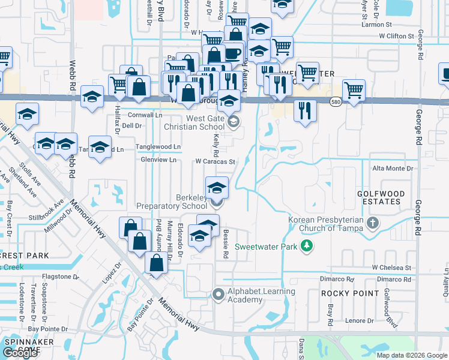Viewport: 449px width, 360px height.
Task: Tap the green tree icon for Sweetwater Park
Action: pos(307,246)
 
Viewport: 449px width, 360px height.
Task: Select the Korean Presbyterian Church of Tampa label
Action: pos(326,223)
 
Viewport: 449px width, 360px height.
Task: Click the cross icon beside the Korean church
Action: pos(373,224)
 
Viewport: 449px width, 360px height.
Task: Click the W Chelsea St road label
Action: pos(391,267)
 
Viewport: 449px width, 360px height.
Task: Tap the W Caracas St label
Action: pos(214,161)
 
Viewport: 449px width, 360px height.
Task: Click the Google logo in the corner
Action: pos(20,352)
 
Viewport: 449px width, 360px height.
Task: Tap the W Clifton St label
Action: pos(396,36)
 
